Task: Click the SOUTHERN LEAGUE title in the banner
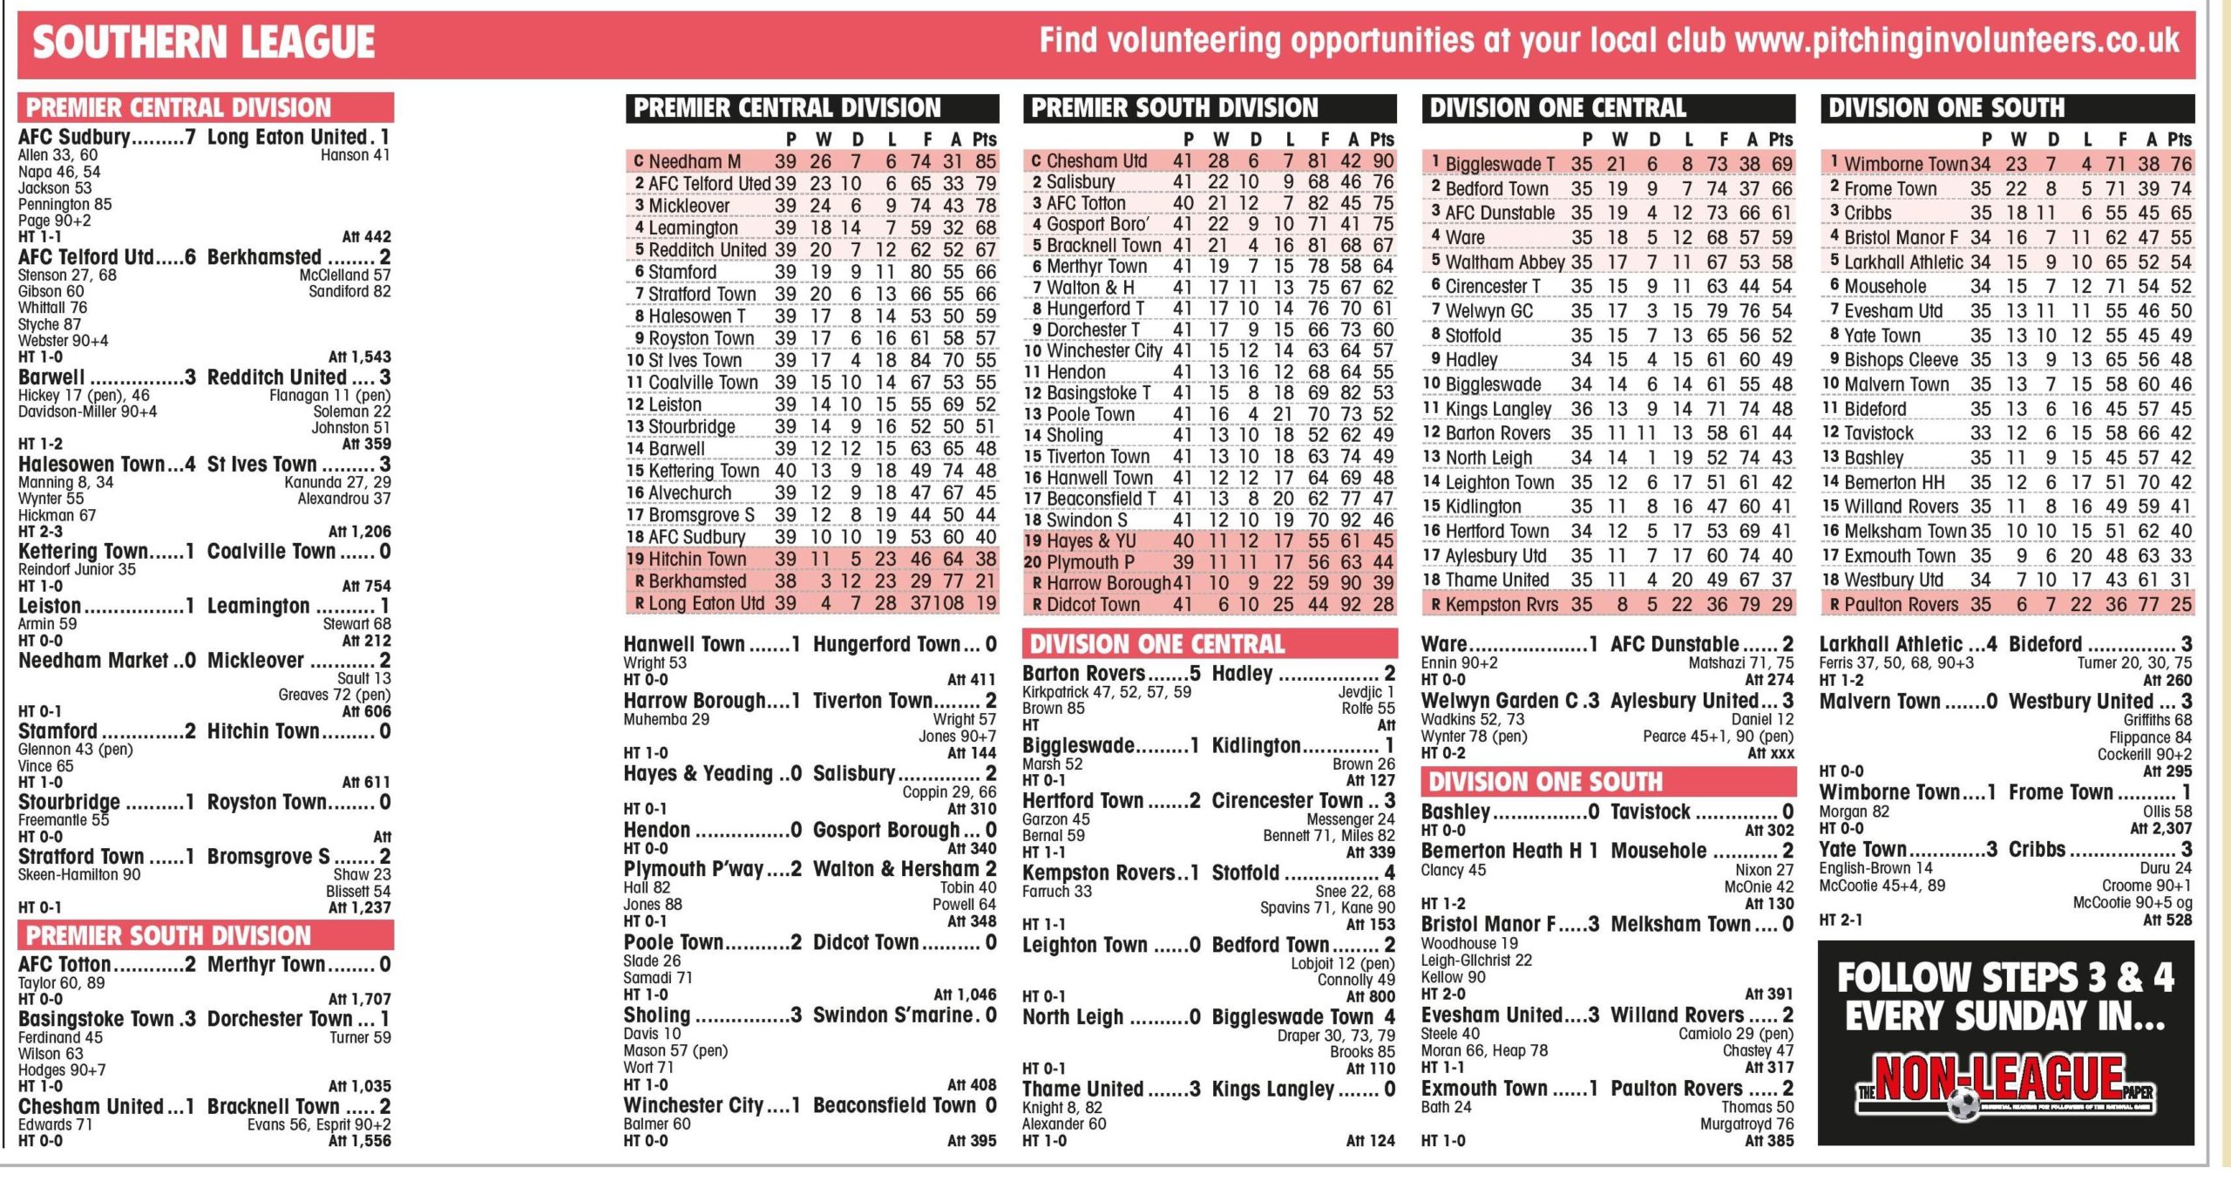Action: pos(203,42)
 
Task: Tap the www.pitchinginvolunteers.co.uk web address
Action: pos(1956,40)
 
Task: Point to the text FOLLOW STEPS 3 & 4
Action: pos(2005,977)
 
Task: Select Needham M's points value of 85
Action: pos(986,161)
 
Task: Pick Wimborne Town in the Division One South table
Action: pos(1906,164)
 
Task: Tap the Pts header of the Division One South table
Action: pos(2180,139)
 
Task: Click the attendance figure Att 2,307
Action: pos(2160,829)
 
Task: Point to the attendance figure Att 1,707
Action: pos(359,999)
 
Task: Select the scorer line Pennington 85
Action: pos(65,204)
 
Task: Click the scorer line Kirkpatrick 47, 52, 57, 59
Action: pos(1106,692)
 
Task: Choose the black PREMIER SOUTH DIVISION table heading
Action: pos(1174,108)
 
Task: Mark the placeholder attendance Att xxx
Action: pos(1770,753)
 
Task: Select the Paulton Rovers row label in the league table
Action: pos(1901,605)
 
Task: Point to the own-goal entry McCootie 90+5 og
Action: pos(2132,903)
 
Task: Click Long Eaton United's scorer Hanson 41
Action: pos(355,155)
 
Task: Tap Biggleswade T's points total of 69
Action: pos(1781,164)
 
